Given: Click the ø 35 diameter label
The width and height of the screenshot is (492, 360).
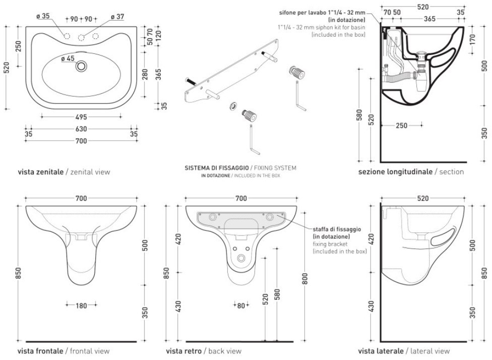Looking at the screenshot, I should (x=43, y=16).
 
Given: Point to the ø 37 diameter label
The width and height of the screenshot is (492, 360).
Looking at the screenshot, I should (x=116, y=16).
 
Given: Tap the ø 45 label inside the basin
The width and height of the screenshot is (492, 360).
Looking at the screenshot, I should (x=68, y=58).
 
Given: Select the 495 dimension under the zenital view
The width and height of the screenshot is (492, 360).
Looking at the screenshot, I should (x=81, y=117).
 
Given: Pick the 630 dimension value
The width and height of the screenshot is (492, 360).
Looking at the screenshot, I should (x=81, y=129).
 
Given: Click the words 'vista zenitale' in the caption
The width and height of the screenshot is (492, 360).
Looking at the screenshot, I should (x=40, y=172).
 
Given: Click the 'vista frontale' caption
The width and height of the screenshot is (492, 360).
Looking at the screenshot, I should (x=40, y=351).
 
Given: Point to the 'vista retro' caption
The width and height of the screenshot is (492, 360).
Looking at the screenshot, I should (x=183, y=351).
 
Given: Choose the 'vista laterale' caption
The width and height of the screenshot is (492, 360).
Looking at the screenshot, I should (x=381, y=351).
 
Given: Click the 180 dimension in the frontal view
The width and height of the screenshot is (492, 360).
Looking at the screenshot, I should (x=82, y=305).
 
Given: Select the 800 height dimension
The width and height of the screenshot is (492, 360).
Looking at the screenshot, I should (x=304, y=275).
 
